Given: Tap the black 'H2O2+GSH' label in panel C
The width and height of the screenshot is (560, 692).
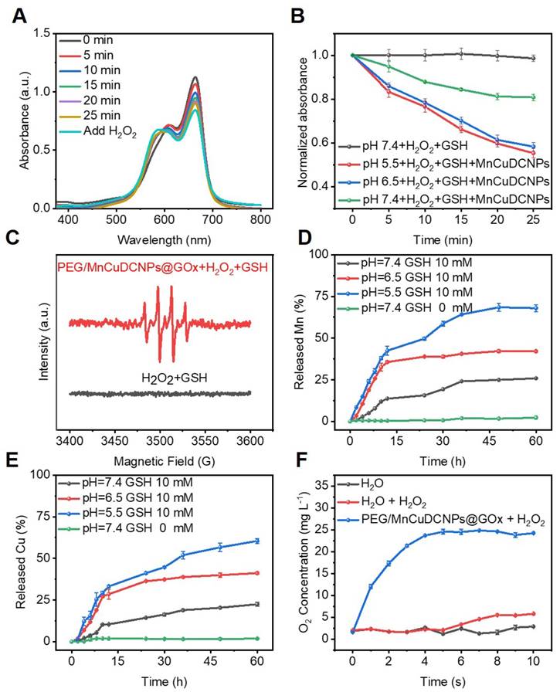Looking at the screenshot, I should click(160, 377).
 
